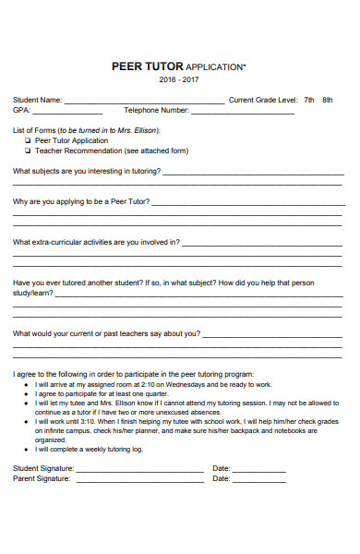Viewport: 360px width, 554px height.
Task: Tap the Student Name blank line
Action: [x=143, y=102]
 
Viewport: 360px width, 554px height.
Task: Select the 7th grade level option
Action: [x=309, y=99]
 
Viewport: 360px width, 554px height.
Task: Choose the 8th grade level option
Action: [x=327, y=99]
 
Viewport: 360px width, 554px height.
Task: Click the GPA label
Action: [x=20, y=110]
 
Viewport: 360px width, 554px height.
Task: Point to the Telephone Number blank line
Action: [x=242, y=113]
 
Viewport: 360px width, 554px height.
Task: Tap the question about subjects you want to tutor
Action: [x=87, y=171]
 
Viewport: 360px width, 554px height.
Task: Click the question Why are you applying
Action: [x=80, y=201]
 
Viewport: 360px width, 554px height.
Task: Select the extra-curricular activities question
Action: [x=96, y=243]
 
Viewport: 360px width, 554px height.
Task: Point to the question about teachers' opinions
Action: [x=106, y=333]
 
